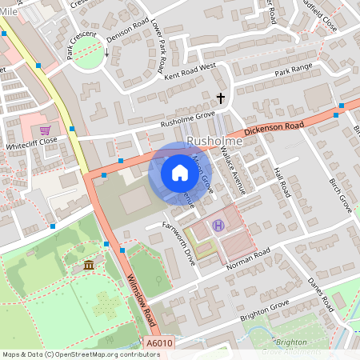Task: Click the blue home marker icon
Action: coord(175,173)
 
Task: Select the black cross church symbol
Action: coord(221,98)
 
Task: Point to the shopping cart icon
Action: coord(45,130)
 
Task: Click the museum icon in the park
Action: coord(88,264)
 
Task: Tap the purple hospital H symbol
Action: coord(218,225)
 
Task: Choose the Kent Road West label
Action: coord(191,71)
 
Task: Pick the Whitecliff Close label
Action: coord(31,149)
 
